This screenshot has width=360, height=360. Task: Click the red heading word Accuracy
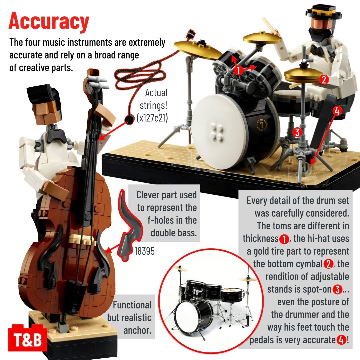(49, 21)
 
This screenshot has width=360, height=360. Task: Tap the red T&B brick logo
(28, 338)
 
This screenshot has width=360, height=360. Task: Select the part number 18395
(144, 251)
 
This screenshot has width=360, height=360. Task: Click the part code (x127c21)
(152, 118)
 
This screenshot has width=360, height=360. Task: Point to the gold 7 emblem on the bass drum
(261, 125)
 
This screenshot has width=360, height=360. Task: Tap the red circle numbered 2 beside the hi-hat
(324, 79)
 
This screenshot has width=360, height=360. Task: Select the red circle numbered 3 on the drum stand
(297, 132)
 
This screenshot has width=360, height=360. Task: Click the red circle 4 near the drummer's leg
(337, 111)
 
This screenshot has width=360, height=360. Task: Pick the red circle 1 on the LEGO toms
(239, 70)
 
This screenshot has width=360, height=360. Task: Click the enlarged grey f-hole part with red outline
(129, 226)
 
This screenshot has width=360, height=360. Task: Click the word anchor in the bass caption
(137, 330)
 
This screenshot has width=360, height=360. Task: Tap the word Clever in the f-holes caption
(148, 195)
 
